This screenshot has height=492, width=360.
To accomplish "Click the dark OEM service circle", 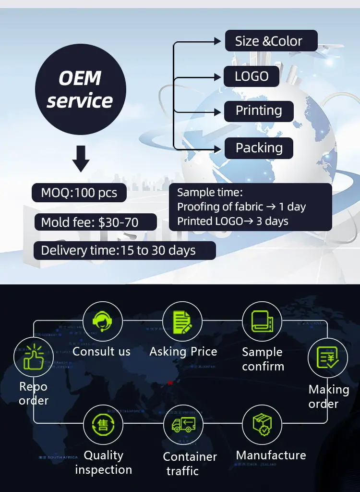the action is [x=80, y=89].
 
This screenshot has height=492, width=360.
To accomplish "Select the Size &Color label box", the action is [x=271, y=41].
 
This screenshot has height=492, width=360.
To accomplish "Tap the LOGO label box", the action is [x=252, y=76].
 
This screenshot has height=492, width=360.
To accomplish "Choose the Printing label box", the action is [x=259, y=111].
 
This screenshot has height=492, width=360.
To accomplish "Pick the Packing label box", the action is [x=259, y=148].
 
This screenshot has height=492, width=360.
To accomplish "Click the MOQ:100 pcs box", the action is [x=79, y=193].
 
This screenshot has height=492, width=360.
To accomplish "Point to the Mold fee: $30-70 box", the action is [x=96, y=222].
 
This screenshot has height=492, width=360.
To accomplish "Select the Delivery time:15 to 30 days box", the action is [x=124, y=250].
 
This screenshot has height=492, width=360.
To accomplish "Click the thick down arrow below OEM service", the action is [x=81, y=160].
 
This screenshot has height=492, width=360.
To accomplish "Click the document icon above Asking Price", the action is [x=181, y=321].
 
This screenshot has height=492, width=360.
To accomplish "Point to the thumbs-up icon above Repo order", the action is [x=33, y=357].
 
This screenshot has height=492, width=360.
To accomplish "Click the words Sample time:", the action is [x=210, y=193].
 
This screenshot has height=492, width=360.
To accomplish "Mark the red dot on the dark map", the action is [x=170, y=382].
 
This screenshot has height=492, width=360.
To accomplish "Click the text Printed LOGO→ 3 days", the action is [x=233, y=221].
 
